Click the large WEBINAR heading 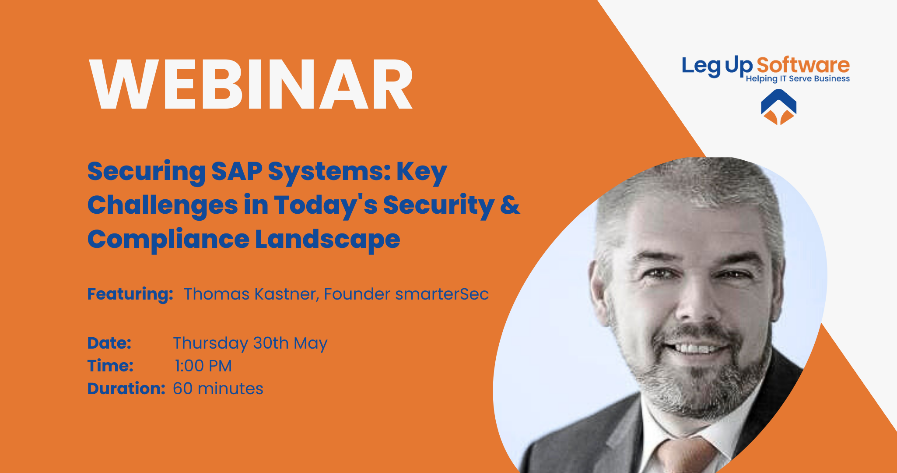[251, 84]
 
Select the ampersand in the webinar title [510, 205]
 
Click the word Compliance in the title [168, 240]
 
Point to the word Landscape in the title [327, 240]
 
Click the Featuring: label [130, 294]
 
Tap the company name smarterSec [441, 294]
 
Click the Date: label [109, 343]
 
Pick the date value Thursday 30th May [250, 343]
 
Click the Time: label [110, 366]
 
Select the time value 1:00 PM [203, 366]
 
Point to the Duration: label [126, 388]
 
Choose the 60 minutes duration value [218, 388]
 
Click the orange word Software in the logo [803, 65]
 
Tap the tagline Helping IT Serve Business [798, 79]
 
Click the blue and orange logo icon [778, 107]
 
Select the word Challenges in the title [162, 205]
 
